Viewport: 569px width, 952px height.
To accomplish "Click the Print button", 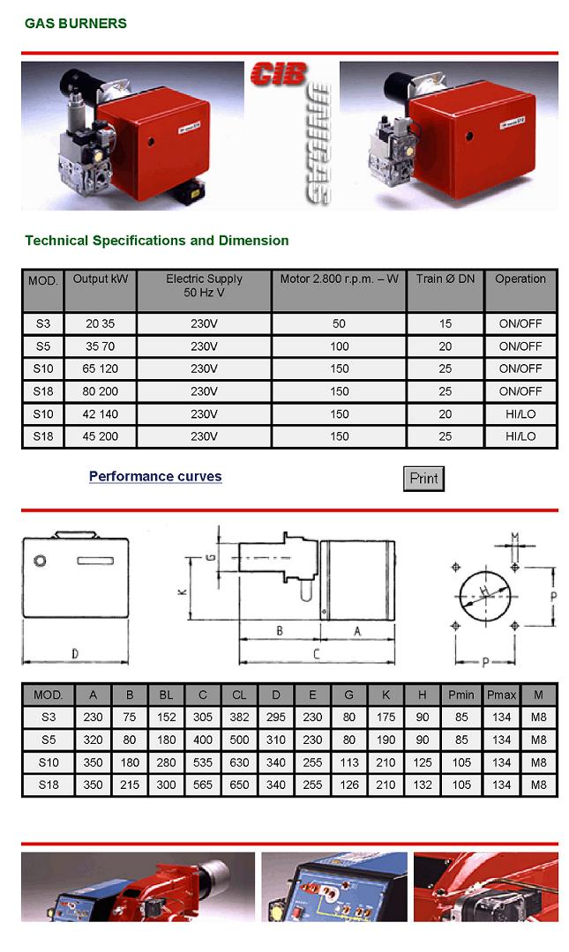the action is [x=423, y=478].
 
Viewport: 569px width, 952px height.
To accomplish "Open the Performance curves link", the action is [x=155, y=477].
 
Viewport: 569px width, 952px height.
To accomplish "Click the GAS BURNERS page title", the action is [x=76, y=24].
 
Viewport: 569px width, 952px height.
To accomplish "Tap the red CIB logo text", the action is [x=279, y=74].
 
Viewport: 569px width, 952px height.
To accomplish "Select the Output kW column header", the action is [x=101, y=279].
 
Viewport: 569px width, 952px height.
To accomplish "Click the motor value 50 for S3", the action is [x=340, y=324].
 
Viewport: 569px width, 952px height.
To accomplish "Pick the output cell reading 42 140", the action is [x=101, y=414].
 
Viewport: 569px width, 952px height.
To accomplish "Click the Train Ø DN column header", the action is [x=445, y=279].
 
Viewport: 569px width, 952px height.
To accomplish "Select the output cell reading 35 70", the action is [x=101, y=346].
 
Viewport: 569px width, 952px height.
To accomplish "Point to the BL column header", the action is [x=166, y=695].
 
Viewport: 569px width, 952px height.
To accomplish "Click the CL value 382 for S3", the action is [x=240, y=717].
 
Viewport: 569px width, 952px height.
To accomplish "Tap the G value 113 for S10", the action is [x=349, y=762].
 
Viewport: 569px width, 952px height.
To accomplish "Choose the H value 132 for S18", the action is [x=423, y=785].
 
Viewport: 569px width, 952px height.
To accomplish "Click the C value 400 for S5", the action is [x=203, y=740].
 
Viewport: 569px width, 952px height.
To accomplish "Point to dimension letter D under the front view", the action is [x=75, y=654].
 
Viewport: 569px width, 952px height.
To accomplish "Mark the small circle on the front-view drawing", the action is [x=40, y=560].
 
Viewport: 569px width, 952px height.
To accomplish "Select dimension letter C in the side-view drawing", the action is [x=316, y=654].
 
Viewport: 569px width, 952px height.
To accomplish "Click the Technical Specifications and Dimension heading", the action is [x=157, y=241].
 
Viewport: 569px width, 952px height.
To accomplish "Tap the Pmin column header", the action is [x=461, y=695].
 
